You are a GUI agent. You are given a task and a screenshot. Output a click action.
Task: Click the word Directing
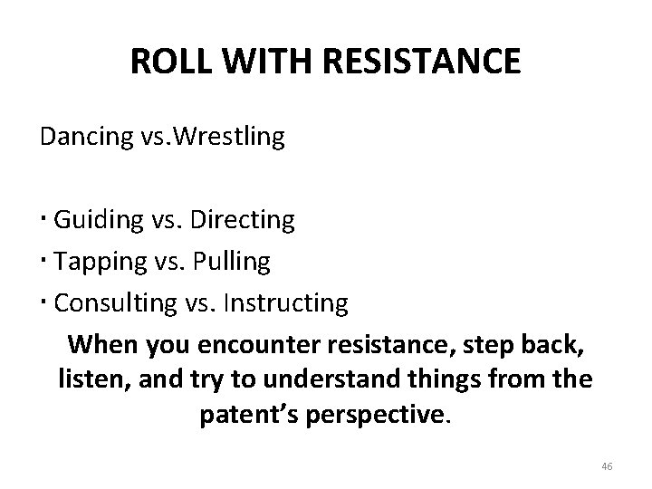tap(244, 220)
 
